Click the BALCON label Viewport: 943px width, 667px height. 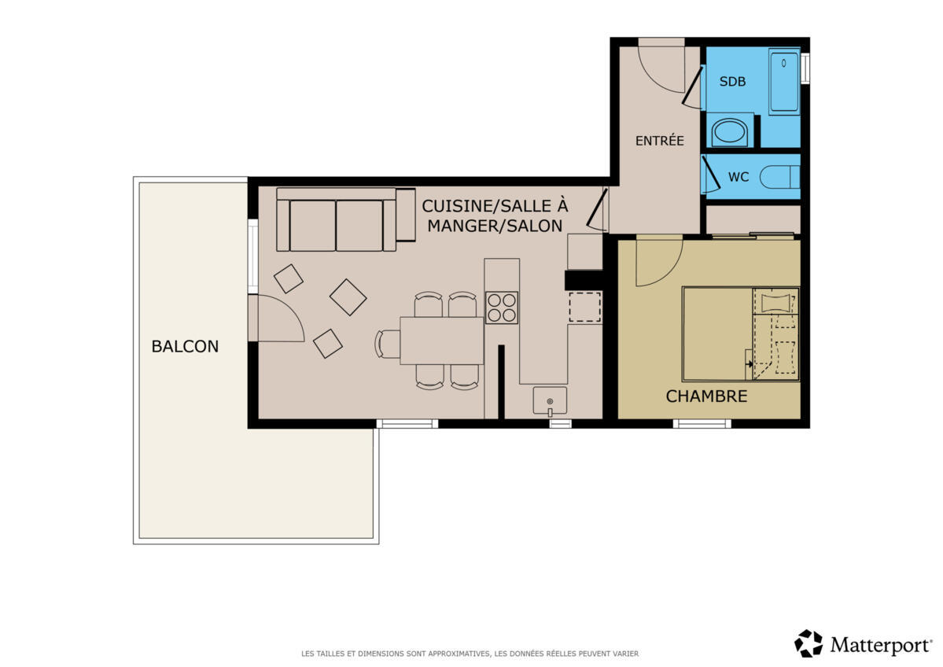pyautogui.click(x=185, y=346)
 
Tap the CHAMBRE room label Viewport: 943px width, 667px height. pyautogui.click(x=706, y=396)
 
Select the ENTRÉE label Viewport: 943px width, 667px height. pyautogui.click(x=660, y=141)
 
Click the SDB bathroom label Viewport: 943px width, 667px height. pyautogui.click(x=732, y=81)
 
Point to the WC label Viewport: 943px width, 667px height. pyautogui.click(x=738, y=177)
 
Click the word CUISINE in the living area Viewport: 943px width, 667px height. pyautogui.click(x=456, y=206)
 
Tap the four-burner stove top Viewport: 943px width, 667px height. pyautogui.click(x=502, y=308)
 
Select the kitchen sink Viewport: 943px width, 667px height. pyautogui.click(x=550, y=401)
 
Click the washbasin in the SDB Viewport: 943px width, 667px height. pyautogui.click(x=729, y=131)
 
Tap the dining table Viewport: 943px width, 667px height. pyautogui.click(x=441, y=341)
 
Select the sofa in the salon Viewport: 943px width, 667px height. pyautogui.click(x=346, y=219)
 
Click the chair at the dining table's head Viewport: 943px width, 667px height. pyautogui.click(x=387, y=344)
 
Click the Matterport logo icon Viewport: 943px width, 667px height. pyautogui.click(x=809, y=643)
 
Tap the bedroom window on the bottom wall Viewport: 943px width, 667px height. pyautogui.click(x=702, y=424)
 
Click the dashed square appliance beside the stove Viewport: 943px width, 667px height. pyautogui.click(x=584, y=308)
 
